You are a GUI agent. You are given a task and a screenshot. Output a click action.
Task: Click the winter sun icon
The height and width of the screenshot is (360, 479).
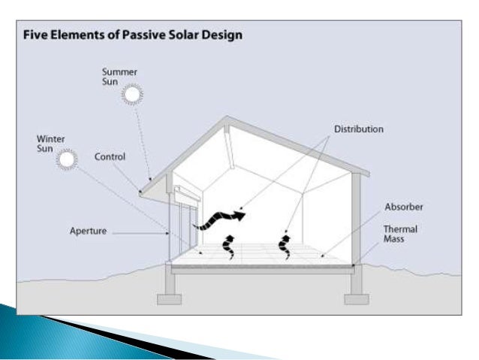click(68, 159)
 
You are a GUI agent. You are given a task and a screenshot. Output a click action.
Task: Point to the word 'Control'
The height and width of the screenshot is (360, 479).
click(110, 157)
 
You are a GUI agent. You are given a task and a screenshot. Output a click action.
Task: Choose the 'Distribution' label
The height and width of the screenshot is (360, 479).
click(358, 129)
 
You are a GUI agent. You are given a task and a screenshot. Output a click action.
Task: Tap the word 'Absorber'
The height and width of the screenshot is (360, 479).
click(405, 206)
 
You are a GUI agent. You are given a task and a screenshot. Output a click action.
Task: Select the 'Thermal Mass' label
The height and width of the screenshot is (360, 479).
click(400, 232)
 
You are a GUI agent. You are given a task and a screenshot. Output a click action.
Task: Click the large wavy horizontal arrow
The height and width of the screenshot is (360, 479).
click(218, 217)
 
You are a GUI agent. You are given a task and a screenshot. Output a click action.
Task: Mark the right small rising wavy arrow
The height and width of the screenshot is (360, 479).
click(285, 246)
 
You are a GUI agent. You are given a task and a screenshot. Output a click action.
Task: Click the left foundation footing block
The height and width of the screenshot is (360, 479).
click(169, 298)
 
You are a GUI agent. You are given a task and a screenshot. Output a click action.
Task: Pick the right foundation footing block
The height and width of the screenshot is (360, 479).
click(356, 298)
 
